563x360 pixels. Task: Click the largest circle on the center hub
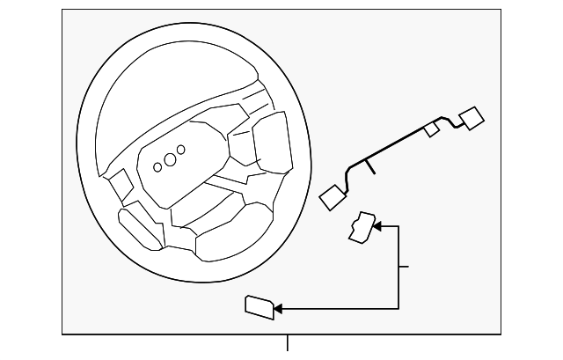coord(180,150)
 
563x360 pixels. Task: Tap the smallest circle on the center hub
coord(157,166)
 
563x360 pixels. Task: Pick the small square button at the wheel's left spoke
coord(121,184)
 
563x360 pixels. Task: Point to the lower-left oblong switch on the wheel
coord(142,226)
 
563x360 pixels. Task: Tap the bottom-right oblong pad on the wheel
coord(230,237)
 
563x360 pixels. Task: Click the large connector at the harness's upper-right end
coord(472,119)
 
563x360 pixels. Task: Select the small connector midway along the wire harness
coord(431,129)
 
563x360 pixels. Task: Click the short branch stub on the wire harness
coord(372,166)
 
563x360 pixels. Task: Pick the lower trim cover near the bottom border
coord(260,306)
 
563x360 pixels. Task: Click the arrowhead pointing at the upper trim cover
coord(377,227)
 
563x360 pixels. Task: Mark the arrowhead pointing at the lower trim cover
coord(278,309)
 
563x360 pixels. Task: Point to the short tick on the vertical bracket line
coord(404,266)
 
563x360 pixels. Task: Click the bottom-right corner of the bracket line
coord(398,309)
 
